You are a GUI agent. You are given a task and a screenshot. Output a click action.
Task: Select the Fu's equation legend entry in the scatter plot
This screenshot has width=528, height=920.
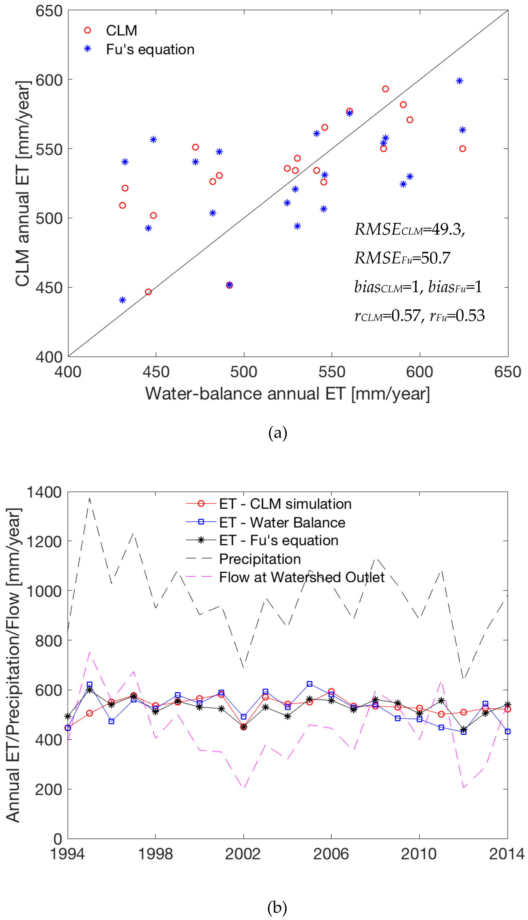(150, 49)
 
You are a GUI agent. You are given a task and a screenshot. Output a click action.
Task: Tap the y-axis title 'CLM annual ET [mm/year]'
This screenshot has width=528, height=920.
(22, 184)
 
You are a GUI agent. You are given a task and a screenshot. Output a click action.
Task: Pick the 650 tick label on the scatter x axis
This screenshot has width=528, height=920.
(507, 372)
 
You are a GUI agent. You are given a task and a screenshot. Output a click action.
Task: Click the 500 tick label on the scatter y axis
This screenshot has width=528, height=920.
(49, 218)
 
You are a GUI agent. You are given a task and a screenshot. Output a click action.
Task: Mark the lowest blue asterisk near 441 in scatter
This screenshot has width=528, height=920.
(123, 300)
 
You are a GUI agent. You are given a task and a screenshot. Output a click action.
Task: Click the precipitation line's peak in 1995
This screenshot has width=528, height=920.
(90, 498)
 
